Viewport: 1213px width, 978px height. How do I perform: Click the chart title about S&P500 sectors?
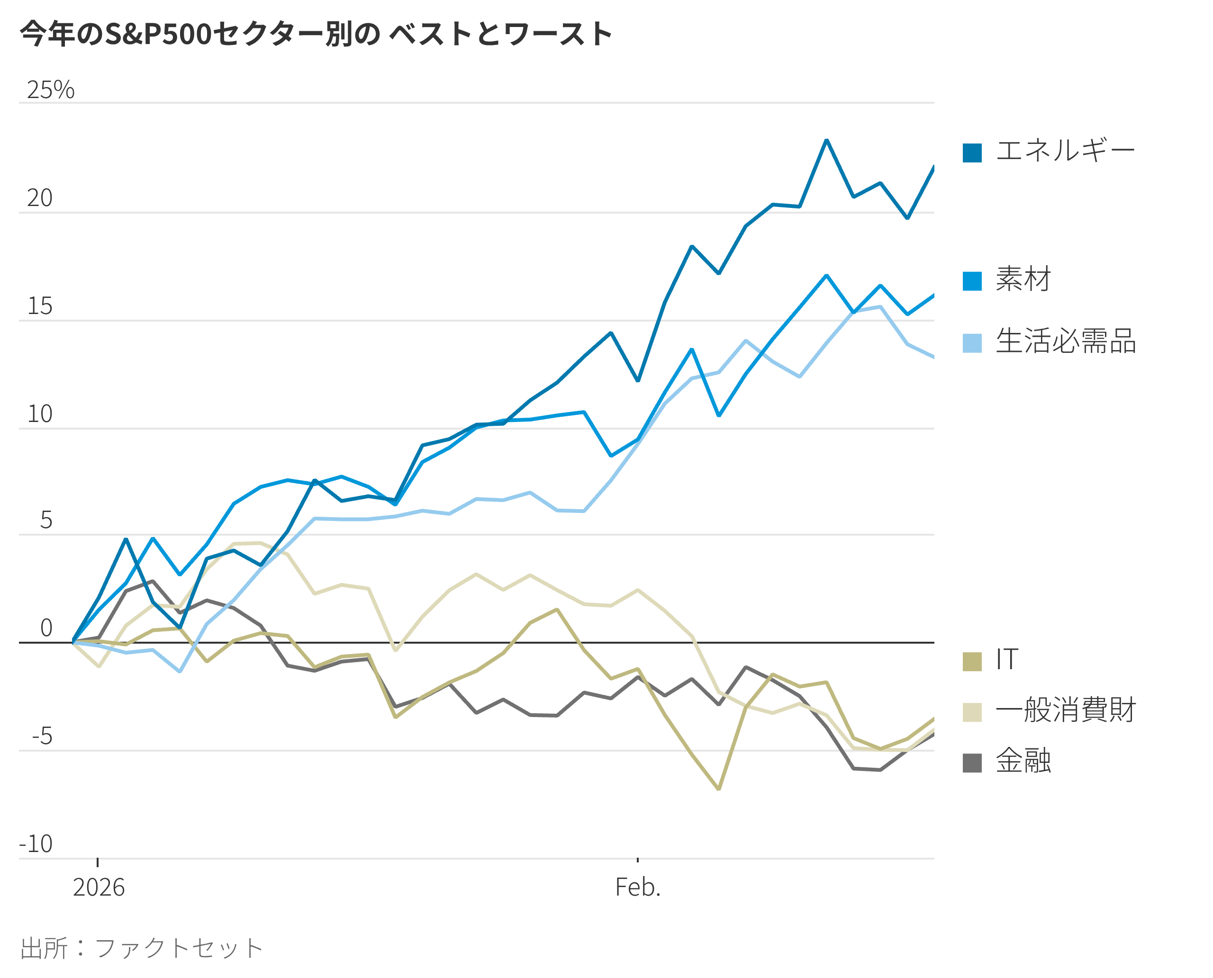(x=316, y=34)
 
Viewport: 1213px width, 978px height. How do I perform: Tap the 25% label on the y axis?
(x=50, y=90)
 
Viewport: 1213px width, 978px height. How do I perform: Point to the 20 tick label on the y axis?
(x=39, y=198)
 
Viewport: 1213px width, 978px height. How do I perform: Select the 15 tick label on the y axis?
(x=39, y=306)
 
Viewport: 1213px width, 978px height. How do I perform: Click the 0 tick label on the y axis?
(x=46, y=628)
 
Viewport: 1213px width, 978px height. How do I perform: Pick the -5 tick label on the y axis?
(x=42, y=736)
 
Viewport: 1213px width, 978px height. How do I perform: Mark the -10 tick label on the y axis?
(x=36, y=844)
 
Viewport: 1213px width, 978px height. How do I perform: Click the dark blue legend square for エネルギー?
(x=972, y=153)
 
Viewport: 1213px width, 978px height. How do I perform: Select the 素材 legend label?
(x=1023, y=279)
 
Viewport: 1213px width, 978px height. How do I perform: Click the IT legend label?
(x=1007, y=660)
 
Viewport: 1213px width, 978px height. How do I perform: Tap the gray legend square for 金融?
(x=972, y=763)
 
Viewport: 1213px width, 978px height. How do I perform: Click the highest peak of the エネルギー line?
(x=826, y=140)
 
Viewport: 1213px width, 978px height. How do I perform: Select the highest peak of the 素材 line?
(x=826, y=276)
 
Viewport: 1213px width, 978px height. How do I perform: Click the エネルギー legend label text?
(x=1065, y=152)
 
